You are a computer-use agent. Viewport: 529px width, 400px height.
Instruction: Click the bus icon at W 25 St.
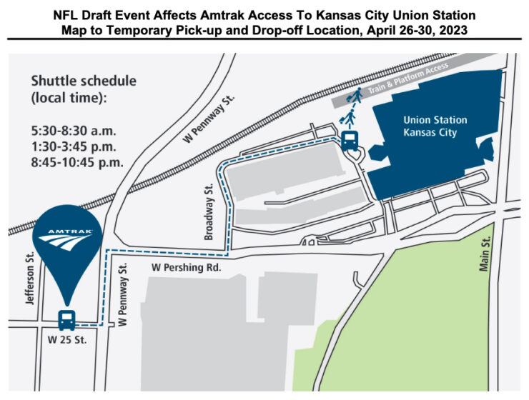(66, 319)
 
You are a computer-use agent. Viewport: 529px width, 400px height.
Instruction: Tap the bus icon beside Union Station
(350, 140)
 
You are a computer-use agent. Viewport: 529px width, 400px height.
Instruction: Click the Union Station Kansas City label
(430, 126)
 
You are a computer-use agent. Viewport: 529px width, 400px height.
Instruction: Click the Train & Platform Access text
(409, 79)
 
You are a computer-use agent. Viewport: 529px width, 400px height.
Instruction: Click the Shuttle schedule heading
(83, 89)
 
